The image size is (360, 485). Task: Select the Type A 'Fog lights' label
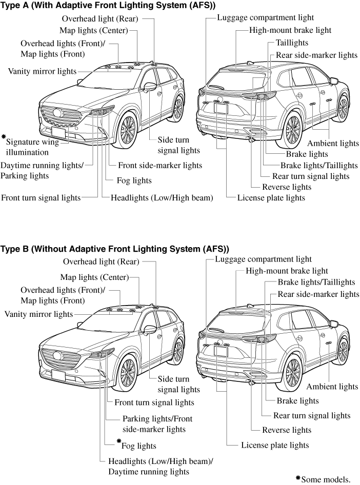(x=134, y=180)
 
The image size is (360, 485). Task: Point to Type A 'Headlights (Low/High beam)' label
(x=162, y=197)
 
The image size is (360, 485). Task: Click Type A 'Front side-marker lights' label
(x=160, y=165)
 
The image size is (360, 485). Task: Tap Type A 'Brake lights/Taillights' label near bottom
(x=319, y=165)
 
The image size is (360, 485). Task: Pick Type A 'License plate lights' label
(x=271, y=197)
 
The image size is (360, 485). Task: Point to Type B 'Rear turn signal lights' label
(x=312, y=415)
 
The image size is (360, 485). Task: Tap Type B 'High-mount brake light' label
(x=287, y=271)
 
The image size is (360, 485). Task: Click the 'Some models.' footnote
(x=324, y=479)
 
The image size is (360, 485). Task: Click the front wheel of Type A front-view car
(x=127, y=130)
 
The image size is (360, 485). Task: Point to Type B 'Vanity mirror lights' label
(x=38, y=313)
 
